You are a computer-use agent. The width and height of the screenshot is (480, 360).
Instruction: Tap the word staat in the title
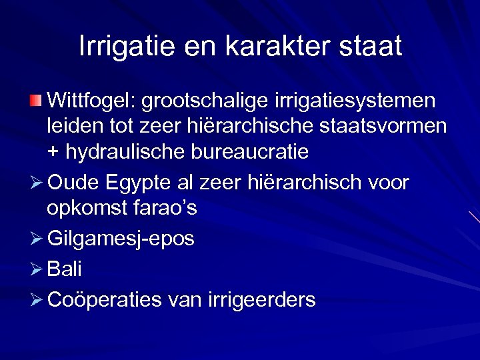(369, 46)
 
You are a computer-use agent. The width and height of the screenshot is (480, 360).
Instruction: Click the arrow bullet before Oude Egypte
(35, 183)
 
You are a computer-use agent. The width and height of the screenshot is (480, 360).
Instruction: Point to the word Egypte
(141, 183)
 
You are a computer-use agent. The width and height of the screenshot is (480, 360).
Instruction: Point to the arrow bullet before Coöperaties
(35, 300)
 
